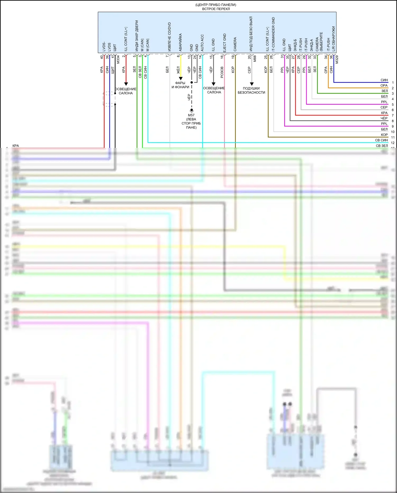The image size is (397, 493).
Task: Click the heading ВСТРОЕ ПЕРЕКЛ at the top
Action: pos(216,9)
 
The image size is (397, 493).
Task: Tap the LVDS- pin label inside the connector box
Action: pos(104,46)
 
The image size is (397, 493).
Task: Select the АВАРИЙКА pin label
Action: pos(180,42)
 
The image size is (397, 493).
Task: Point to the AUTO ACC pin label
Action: pos(202,43)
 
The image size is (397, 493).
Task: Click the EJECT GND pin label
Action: pos(224,43)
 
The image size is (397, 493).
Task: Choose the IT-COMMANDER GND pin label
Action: pos(273,34)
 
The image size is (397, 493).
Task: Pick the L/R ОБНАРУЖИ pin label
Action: pos(333,39)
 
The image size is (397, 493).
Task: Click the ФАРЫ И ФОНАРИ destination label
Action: pos(180,85)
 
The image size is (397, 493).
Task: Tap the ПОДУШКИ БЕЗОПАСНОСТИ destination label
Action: pos(251,90)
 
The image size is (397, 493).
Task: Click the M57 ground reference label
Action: pos(191,115)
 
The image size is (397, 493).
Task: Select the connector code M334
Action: pos(118,59)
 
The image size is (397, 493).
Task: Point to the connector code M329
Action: pos(337,60)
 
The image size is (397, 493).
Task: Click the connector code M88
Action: pos(255,59)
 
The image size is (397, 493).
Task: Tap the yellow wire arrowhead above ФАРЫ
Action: pos(181,78)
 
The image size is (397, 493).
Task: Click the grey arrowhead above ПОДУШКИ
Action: pos(252,84)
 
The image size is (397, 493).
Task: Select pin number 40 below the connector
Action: pos(102,57)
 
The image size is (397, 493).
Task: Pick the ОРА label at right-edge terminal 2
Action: pos(384,86)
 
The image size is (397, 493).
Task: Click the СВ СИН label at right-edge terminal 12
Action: pos(381,140)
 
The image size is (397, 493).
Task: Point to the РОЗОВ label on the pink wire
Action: pos(222,72)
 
